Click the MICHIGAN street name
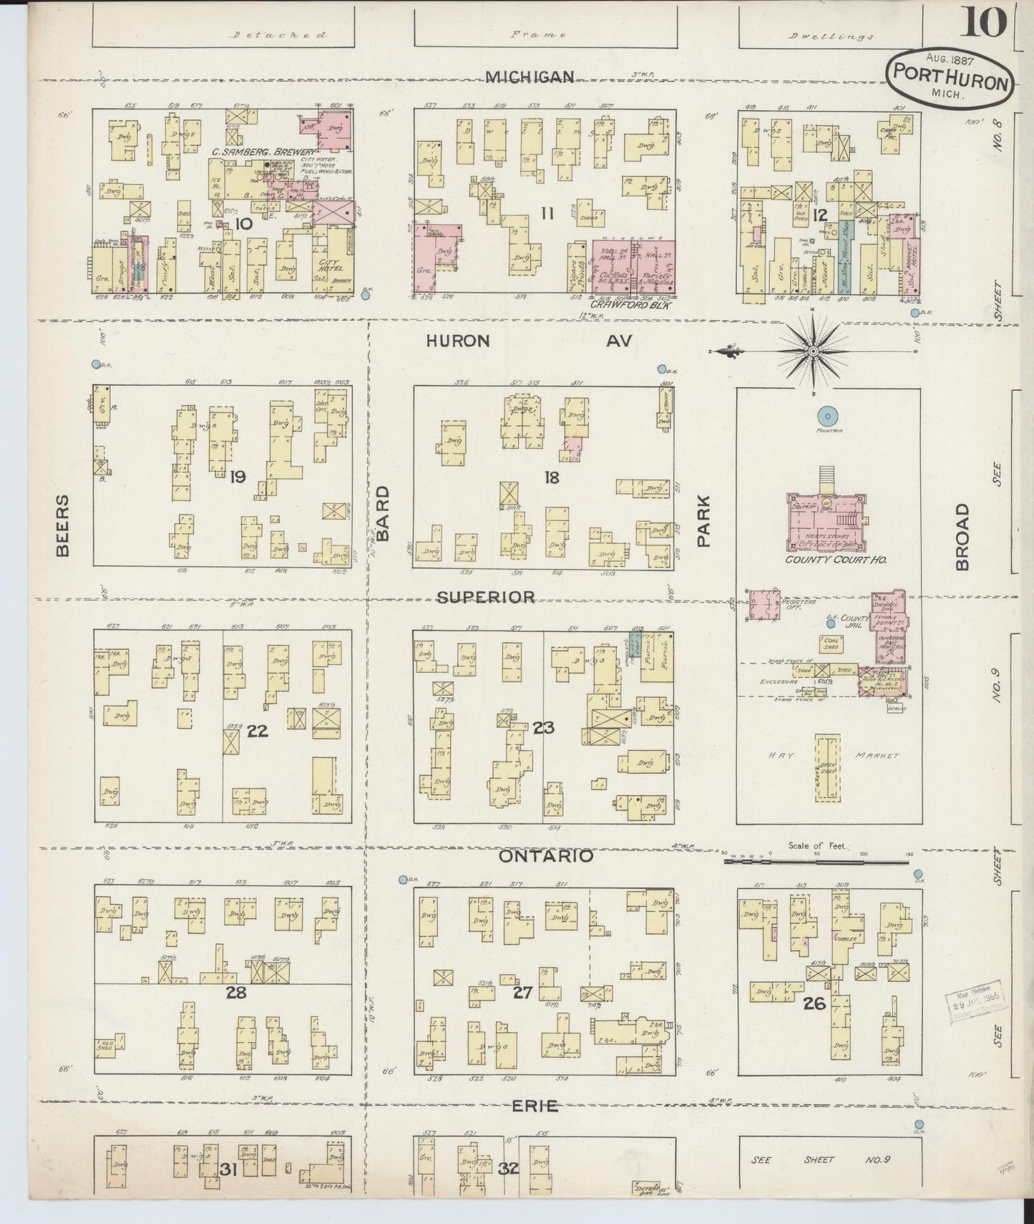[x=530, y=77]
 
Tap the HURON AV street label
[x=529, y=341]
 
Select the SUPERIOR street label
[x=486, y=596]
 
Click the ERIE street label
[x=536, y=1106]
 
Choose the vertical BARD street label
[x=384, y=513]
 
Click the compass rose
[x=814, y=351]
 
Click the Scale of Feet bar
[x=816, y=862]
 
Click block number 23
[x=543, y=728]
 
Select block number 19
[x=237, y=476]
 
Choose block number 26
[x=814, y=1004]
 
